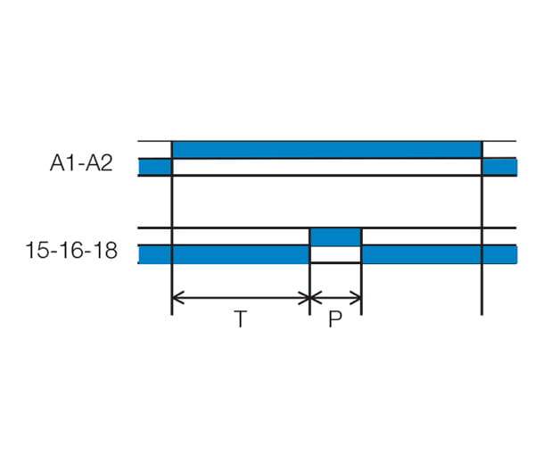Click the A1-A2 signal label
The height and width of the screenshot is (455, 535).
pos(81,162)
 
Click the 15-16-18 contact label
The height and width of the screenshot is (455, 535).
pos(71,250)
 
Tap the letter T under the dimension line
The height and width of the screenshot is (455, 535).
pos(241,318)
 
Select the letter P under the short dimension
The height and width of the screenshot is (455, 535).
pos(335,318)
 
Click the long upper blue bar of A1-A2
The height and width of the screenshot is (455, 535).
pos(327,150)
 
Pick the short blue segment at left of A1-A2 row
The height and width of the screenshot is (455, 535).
pos(155,167)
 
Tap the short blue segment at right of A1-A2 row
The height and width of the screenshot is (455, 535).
pos(500,167)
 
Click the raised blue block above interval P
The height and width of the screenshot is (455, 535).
pos(335,237)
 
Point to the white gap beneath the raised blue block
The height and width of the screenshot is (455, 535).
pos(335,254)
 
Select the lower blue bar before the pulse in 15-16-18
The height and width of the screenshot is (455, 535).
pos(224,254)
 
